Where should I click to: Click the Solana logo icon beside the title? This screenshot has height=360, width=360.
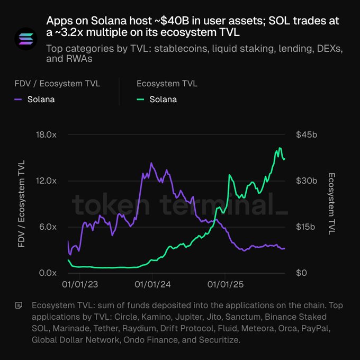(24, 39)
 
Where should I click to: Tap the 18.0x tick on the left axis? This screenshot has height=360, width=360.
(46, 135)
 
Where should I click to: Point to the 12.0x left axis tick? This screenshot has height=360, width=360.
(46, 181)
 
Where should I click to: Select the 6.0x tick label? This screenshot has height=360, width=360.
(48, 227)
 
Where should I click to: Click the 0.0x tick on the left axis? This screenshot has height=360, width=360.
(48, 273)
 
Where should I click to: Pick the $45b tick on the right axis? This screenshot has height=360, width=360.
(307, 135)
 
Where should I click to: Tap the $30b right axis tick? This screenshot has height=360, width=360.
(307, 181)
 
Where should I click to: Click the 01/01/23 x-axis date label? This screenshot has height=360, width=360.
(79, 284)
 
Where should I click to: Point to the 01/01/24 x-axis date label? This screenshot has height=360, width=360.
(152, 284)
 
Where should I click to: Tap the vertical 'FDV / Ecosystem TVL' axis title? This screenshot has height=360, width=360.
(22, 204)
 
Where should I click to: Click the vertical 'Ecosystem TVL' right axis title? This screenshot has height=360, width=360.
(332, 204)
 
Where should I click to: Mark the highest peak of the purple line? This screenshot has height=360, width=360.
(151, 163)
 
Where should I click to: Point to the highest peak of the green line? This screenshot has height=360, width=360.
(280, 148)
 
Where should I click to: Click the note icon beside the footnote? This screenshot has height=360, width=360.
(19, 305)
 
